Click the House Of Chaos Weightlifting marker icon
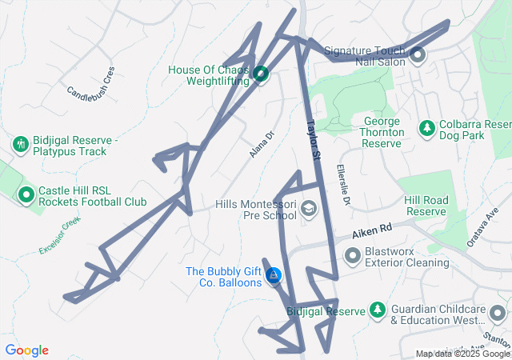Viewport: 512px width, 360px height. coord(260,75)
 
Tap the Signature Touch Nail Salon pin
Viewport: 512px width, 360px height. coord(417,54)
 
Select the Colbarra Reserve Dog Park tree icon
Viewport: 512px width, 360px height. coord(427,129)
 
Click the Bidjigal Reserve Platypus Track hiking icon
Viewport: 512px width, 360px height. coord(21,145)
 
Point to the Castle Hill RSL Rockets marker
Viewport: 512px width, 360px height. coord(26,194)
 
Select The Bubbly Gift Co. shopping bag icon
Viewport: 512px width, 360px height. coord(274,276)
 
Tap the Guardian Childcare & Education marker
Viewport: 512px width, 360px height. coord(499,313)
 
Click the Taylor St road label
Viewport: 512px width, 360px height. coord(313,138)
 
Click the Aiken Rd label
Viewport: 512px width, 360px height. coord(374,231)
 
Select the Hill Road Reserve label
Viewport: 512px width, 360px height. coord(425,206)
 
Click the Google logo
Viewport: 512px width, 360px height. coord(26,350)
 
